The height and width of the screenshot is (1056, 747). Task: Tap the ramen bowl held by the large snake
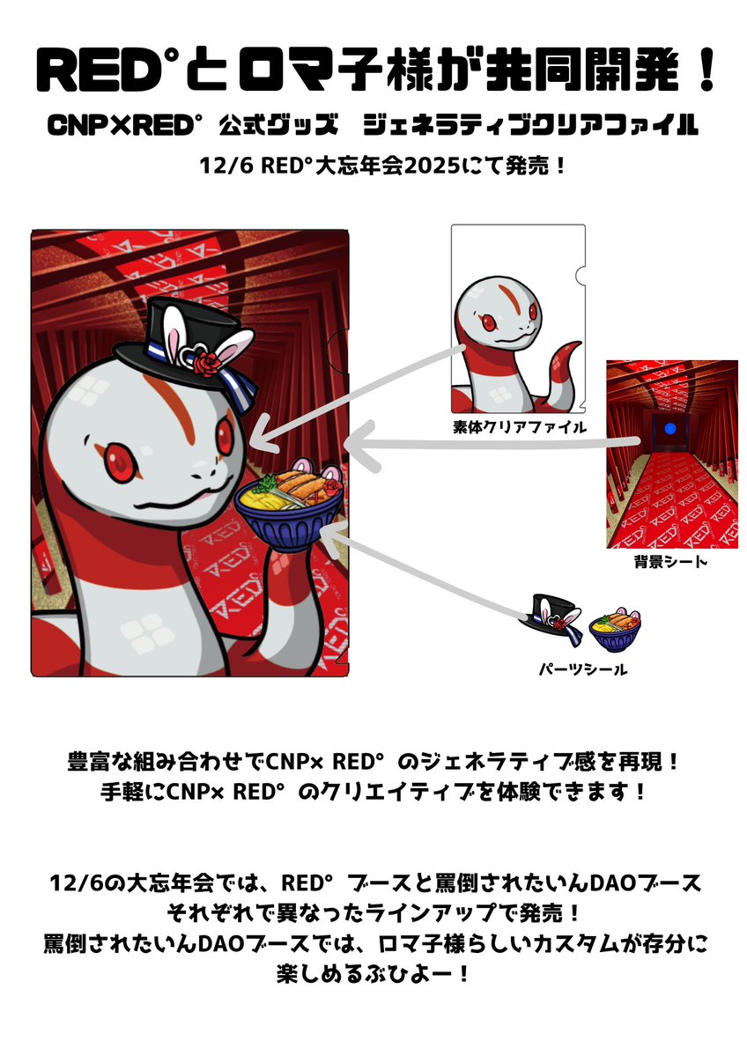(x=291, y=506)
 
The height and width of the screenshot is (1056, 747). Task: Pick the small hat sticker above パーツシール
(x=555, y=617)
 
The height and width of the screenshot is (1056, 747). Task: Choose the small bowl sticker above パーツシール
(x=615, y=627)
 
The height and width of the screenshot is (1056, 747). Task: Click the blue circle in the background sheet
(x=671, y=429)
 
